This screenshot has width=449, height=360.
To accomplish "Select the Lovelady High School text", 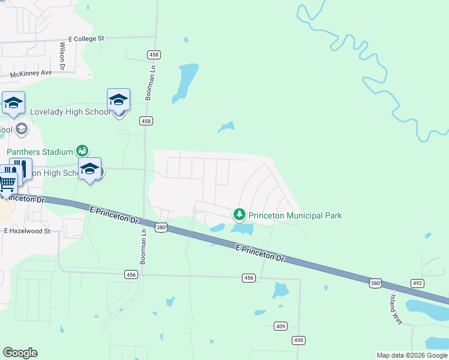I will [70, 112].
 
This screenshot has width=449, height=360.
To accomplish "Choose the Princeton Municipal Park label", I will [295, 215].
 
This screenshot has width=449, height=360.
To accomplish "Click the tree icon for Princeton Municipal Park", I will [240, 214].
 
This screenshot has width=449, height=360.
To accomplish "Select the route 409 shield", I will [280, 326].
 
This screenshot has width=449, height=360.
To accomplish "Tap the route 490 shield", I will [299, 340].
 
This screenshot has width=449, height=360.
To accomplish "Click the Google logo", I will [20, 353].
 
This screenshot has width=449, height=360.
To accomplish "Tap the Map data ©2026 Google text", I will [411, 355].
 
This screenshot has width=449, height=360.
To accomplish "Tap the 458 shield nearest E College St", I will [153, 55].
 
